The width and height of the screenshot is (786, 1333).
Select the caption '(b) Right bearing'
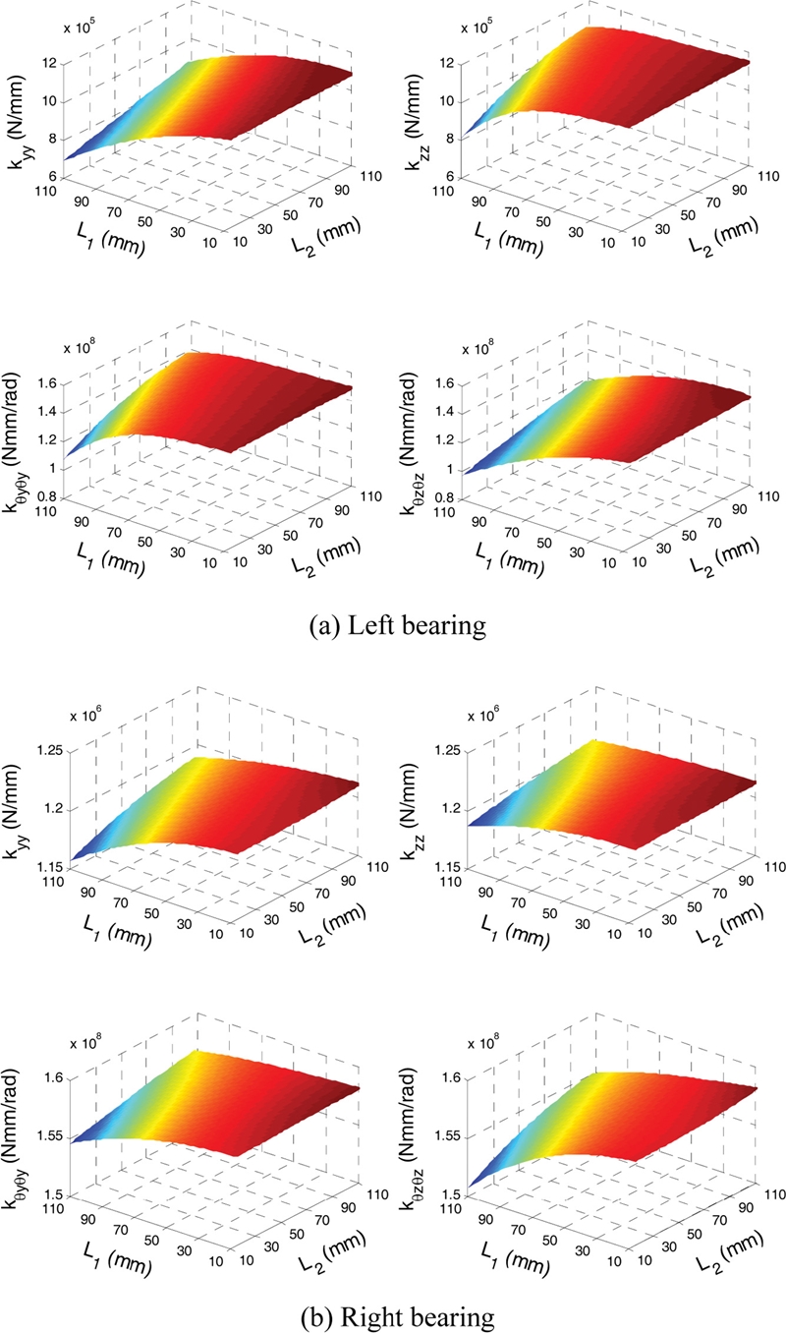[393, 1309]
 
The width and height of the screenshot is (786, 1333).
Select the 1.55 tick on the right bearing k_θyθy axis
[44, 1135]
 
